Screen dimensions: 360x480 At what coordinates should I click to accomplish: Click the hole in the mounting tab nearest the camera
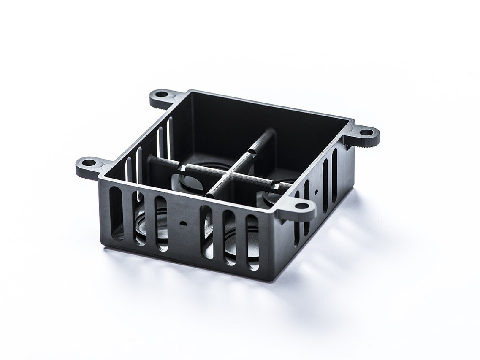302,206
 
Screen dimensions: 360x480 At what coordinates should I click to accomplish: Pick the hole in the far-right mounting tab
366,132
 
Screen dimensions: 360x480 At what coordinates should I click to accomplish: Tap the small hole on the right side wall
316,191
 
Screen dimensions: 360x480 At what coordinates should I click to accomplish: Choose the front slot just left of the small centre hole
160,223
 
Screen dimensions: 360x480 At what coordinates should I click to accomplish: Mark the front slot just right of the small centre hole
206,232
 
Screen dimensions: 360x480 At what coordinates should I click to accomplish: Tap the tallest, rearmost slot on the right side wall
334,173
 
